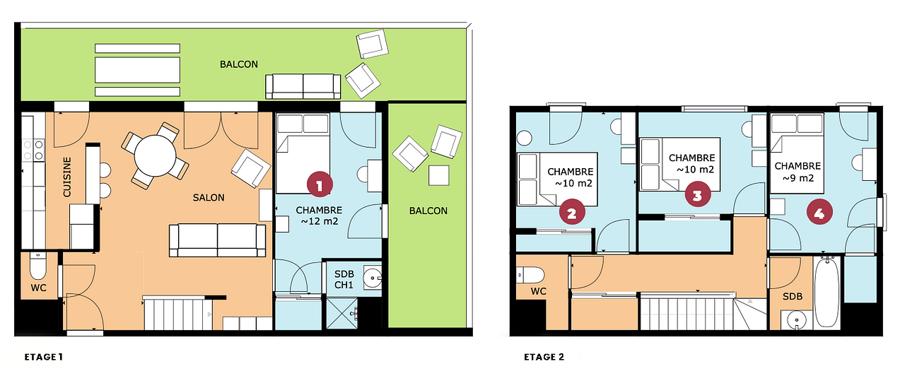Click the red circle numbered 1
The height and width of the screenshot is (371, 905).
(x=319, y=184)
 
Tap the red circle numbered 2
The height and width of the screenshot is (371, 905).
(x=572, y=212)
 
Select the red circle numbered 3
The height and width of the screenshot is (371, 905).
(x=698, y=194)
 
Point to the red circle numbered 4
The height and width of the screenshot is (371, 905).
(x=819, y=211)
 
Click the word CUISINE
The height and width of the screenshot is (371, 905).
(x=66, y=177)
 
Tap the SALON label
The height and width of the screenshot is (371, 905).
(x=209, y=197)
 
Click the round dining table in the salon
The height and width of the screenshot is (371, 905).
(x=155, y=156)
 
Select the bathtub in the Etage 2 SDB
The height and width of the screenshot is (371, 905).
(x=827, y=292)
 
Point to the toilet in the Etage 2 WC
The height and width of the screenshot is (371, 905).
(x=530, y=276)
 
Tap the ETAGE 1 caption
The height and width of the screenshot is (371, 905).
(x=43, y=357)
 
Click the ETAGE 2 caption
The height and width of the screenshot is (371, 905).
(x=544, y=357)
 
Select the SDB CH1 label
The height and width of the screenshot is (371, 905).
(x=344, y=279)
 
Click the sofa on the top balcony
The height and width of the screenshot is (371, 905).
(x=303, y=86)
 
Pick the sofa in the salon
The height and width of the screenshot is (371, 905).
(x=217, y=240)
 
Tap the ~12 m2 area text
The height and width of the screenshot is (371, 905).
(x=319, y=221)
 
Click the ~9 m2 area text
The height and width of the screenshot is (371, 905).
(x=798, y=178)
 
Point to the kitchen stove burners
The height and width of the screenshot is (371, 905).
(x=33, y=150)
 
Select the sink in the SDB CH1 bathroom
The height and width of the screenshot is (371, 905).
(x=373, y=277)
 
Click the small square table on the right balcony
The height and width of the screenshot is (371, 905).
(x=439, y=175)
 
